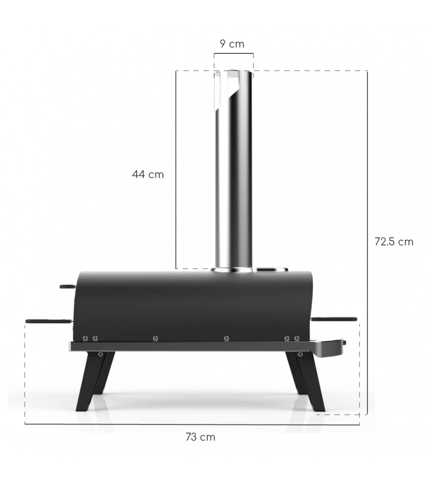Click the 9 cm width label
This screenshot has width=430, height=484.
(x=232, y=43)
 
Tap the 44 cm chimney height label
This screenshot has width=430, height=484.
(x=148, y=174)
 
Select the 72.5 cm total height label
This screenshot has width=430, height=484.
(x=393, y=242)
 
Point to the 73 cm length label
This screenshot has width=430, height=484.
(x=200, y=437)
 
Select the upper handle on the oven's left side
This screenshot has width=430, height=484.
(x=67, y=286)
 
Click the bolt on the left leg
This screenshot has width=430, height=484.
(x=101, y=354)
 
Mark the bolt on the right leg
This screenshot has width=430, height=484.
(x=300, y=354)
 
